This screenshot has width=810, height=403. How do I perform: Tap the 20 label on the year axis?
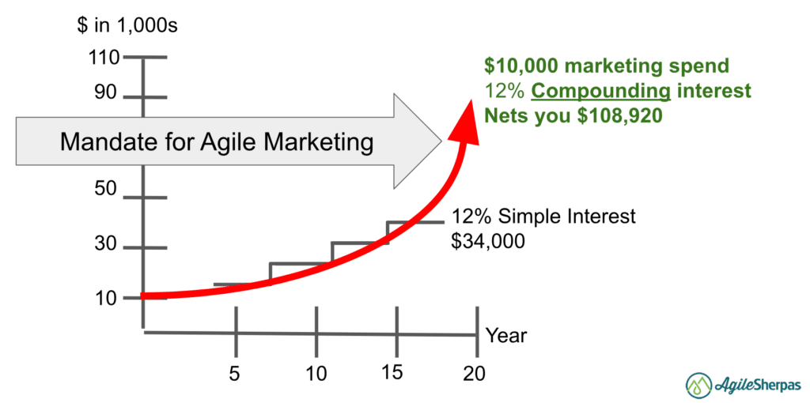pos(475,373)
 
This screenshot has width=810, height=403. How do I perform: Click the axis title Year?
pos(506,335)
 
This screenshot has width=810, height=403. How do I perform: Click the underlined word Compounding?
pos(601,91)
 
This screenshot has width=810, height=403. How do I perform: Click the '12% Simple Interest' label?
pos(543,217)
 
